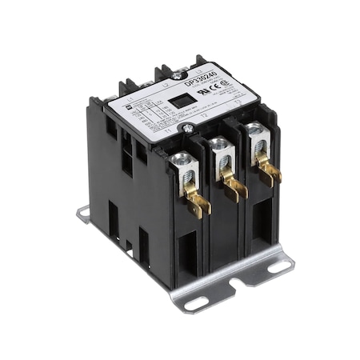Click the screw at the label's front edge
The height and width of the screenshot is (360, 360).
click(x=189, y=127)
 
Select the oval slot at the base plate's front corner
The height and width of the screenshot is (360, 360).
click(x=195, y=303)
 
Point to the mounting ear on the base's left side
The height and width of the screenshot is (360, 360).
click(x=84, y=214)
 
